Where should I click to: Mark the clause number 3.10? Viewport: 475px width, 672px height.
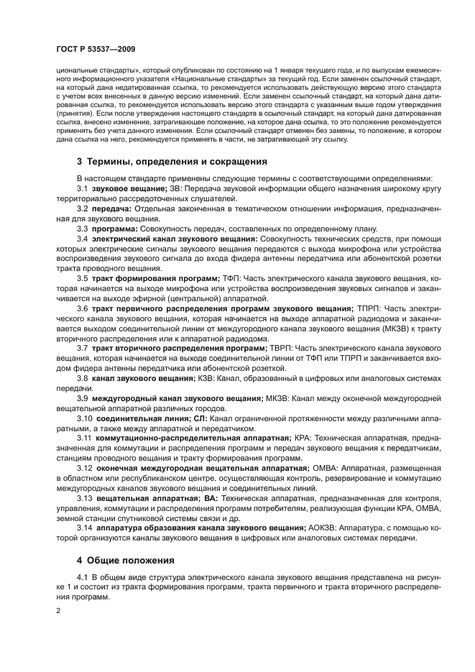click(85, 417)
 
